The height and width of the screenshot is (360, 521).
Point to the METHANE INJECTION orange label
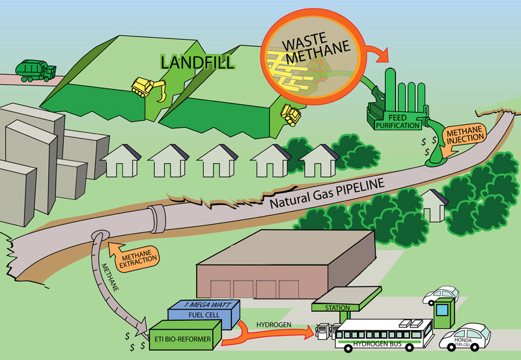click(464, 137)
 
